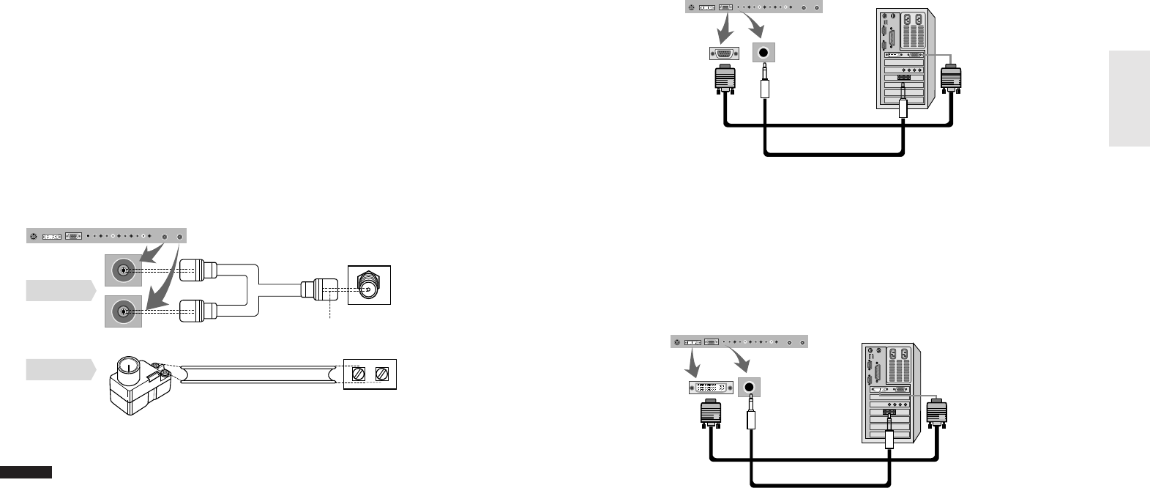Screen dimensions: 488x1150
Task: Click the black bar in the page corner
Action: (x=26, y=471)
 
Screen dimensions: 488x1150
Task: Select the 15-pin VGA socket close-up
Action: (x=725, y=53)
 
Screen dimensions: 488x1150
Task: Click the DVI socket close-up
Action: (x=711, y=386)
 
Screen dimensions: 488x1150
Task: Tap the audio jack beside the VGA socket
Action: (x=764, y=53)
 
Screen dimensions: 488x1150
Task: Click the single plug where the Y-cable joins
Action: (x=315, y=289)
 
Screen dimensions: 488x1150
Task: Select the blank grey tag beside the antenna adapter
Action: (x=59, y=370)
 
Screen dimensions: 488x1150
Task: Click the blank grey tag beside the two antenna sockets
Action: (x=59, y=290)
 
